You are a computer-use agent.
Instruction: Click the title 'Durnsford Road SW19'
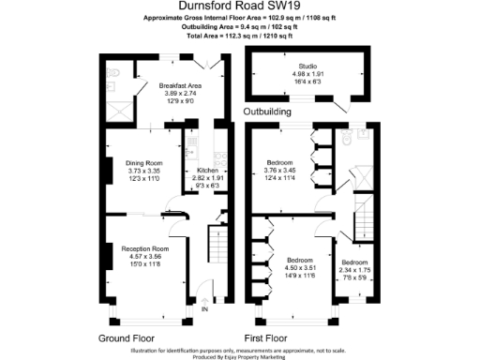point(239,7)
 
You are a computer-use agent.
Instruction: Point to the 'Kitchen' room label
point(207,171)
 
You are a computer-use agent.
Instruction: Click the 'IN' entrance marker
point(203,310)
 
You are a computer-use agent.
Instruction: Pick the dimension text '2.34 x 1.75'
point(354,269)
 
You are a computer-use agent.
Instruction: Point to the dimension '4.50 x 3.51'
point(299,266)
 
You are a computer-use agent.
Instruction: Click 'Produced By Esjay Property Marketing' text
point(239,355)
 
